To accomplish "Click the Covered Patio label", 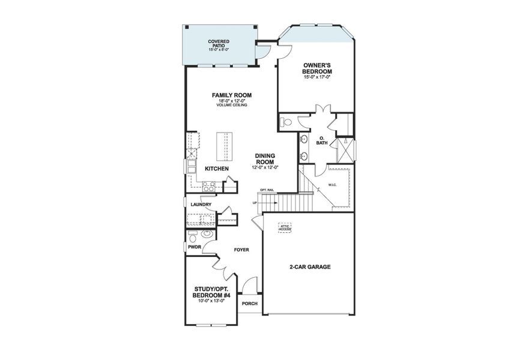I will pyautogui.click(x=219, y=44).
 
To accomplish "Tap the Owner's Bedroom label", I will pyautogui.click(x=317, y=67).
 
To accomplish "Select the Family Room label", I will pyautogui.click(x=231, y=95).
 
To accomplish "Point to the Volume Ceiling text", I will pyautogui.click(x=231, y=106).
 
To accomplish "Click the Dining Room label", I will pyautogui.click(x=264, y=158).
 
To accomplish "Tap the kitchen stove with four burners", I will pyautogui.click(x=208, y=187).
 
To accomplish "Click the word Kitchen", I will pyautogui.click(x=217, y=169).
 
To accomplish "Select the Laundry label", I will pyautogui.click(x=200, y=205).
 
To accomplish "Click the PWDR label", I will pyautogui.click(x=194, y=247).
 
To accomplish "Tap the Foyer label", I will pyautogui.click(x=241, y=250).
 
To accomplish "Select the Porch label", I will pyautogui.click(x=249, y=304).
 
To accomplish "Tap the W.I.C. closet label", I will pyautogui.click(x=332, y=185).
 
